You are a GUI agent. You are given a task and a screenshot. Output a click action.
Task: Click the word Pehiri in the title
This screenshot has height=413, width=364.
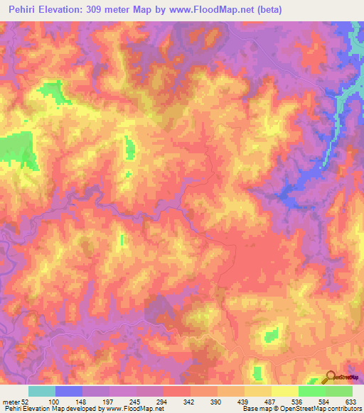26,10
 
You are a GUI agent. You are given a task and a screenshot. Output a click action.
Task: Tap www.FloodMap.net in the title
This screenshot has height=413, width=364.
210,10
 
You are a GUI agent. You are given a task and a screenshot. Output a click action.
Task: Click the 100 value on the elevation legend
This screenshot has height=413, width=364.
55,402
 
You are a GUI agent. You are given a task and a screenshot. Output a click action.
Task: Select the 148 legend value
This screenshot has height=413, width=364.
82,402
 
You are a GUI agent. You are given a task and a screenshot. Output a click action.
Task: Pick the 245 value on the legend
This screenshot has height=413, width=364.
136,402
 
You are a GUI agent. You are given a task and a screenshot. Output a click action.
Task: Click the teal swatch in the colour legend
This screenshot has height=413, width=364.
42,391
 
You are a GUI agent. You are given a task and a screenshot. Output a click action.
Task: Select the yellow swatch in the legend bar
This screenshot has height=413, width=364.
285,391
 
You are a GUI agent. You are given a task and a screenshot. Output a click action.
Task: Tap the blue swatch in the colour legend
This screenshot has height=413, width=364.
69,391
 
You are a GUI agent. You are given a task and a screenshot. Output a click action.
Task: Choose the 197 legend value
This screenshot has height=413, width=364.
109,402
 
